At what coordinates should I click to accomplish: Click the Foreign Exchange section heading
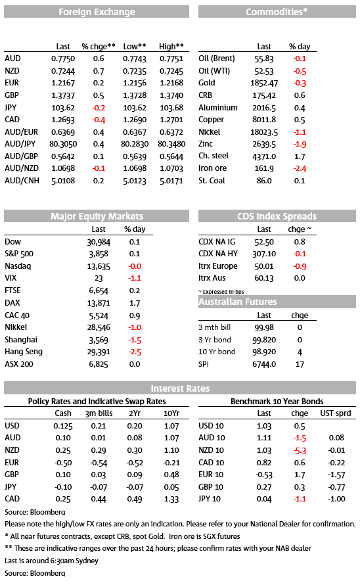click(97, 12)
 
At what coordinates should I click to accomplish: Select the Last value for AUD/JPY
click(63, 144)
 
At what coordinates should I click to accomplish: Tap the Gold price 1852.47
click(264, 83)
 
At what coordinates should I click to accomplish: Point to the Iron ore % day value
click(300, 169)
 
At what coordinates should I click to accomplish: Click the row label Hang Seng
click(24, 352)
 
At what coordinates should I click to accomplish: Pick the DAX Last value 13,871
click(99, 303)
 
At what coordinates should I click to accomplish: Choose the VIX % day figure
click(135, 278)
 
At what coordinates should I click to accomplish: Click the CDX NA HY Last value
click(264, 254)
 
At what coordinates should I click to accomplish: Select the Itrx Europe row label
click(218, 266)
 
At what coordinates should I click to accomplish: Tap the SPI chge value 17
click(300, 364)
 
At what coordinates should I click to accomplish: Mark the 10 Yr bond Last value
click(264, 352)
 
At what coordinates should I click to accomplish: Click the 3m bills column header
click(99, 413)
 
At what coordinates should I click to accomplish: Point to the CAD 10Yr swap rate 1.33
click(171, 499)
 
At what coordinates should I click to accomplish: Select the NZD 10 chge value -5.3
click(300, 451)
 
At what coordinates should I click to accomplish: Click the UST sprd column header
click(336, 413)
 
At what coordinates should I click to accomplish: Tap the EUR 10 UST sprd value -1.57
click(336, 475)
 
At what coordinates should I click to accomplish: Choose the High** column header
click(171, 46)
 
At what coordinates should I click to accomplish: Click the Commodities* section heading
click(277, 12)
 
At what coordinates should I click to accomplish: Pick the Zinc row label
click(206, 144)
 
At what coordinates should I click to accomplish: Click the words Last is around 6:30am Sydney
click(51, 561)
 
